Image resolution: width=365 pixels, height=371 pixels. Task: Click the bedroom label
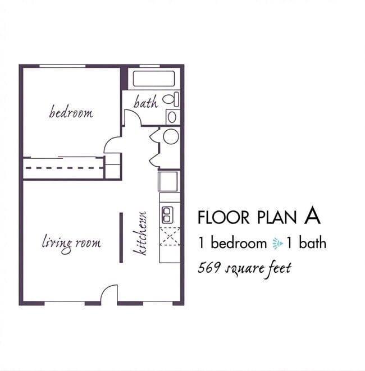pyautogui.click(x=71, y=112)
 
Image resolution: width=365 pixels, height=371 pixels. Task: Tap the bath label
pyautogui.click(x=145, y=102)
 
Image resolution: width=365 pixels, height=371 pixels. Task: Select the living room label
pyautogui.click(x=71, y=244)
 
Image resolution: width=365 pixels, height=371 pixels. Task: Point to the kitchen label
pyautogui.click(x=140, y=233)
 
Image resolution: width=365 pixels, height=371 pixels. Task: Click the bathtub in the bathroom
pyautogui.click(x=154, y=79)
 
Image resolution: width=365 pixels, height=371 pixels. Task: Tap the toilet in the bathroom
pyautogui.click(x=171, y=99)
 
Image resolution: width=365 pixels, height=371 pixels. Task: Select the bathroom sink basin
pyautogui.click(x=172, y=117)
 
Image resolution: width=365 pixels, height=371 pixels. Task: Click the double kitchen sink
pyautogui.click(x=167, y=215)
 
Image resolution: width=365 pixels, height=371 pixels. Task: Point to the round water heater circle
pyautogui.click(x=171, y=136)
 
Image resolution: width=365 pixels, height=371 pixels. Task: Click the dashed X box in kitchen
pyautogui.click(x=170, y=236)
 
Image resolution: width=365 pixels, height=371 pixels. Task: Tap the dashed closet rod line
pyautogui.click(x=64, y=168)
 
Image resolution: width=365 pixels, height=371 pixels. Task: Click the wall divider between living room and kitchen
pyautogui.click(x=121, y=237)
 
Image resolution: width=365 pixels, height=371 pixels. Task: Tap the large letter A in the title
pyautogui.click(x=312, y=216)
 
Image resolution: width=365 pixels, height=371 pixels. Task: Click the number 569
pyautogui.click(x=209, y=268)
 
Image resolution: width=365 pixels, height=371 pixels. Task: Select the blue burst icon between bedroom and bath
pyautogui.click(x=277, y=244)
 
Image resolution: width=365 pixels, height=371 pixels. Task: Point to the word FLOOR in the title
pyautogui.click(x=223, y=217)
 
